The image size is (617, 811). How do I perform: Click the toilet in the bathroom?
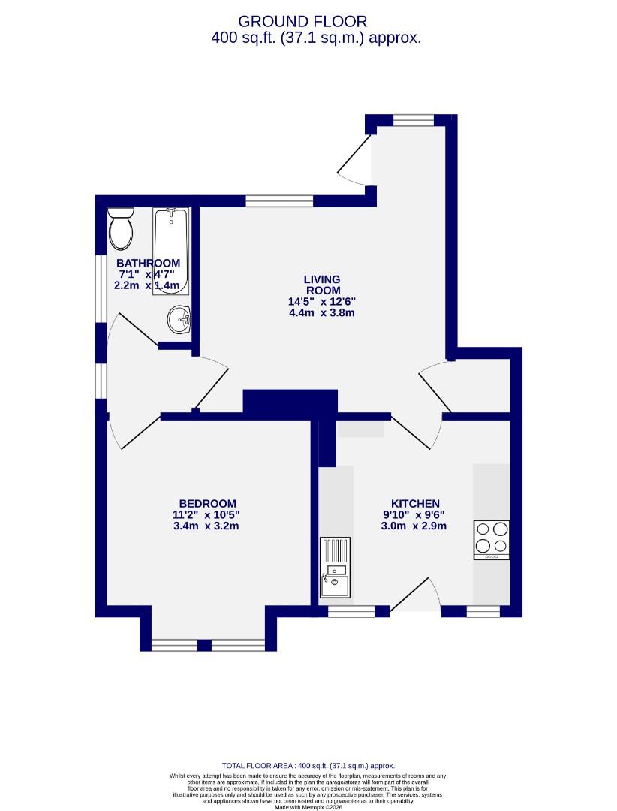click(120, 229)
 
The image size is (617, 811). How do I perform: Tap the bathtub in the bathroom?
click(170, 252)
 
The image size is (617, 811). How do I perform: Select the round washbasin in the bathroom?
click(179, 319)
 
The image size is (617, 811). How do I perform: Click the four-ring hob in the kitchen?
click(492, 539)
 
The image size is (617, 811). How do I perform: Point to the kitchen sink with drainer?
click(335, 567)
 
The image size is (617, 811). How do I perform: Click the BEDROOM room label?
click(207, 503)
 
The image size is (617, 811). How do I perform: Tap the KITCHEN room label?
click(415, 503)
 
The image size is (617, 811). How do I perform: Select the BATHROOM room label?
click(148, 263)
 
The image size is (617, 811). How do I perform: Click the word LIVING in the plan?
click(322, 279)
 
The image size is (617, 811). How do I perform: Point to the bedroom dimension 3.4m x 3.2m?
click(207, 526)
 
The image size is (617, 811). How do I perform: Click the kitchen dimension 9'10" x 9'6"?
click(415, 514)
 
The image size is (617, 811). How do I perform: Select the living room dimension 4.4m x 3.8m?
click(322, 312)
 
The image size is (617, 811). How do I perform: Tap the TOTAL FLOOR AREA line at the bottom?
click(308, 765)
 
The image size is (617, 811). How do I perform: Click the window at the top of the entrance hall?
click(413, 119)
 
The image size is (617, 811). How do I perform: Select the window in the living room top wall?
click(279, 200)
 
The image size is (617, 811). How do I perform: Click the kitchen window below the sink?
click(351, 612)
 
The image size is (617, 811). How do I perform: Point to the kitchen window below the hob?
click(483, 612)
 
